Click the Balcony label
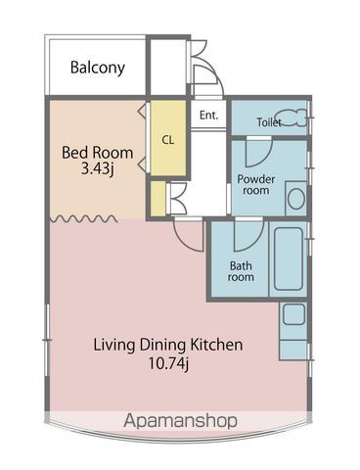[98, 68]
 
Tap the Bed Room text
[98, 153]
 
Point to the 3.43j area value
[97, 169]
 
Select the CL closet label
[168, 140]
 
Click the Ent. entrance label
[208, 116]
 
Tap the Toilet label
[269, 122]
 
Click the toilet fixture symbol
[291, 117]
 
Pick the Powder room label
[256, 185]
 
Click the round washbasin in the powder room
[296, 199]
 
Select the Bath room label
[241, 271]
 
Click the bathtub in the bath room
[289, 258]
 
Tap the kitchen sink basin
[293, 314]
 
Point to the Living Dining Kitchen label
[168, 345]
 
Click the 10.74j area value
[168, 363]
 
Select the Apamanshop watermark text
[180, 420]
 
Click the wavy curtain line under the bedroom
[83, 218]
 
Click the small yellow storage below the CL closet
[158, 199]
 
